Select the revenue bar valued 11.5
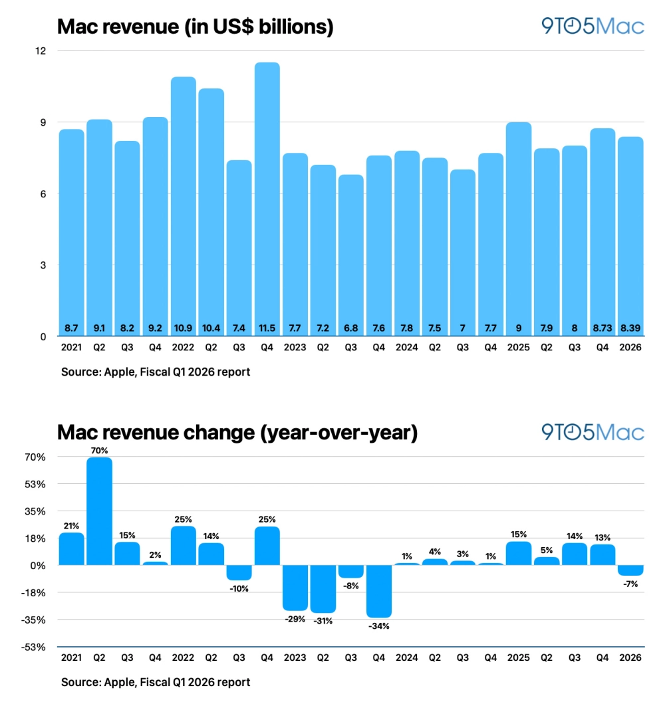267,199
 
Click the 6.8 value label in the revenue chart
351,328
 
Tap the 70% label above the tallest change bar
100,450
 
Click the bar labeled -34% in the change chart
379,591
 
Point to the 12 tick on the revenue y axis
41,51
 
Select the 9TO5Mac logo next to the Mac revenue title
593,27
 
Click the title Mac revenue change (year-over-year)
237,433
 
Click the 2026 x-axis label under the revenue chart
630,347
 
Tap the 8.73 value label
602,328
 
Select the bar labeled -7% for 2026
630,570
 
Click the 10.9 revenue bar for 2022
184,206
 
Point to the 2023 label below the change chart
295,657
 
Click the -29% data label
295,619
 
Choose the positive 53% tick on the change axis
36,484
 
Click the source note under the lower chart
156,682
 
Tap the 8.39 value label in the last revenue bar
630,328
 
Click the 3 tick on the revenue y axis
44,265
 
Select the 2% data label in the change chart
156,554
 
